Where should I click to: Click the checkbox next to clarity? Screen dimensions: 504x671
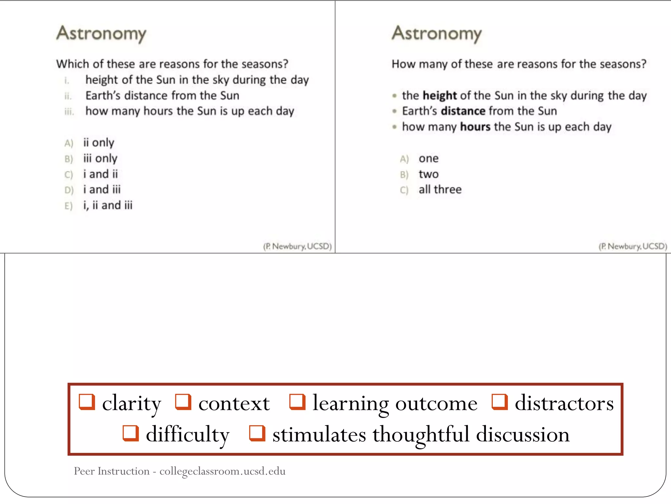pyautogui.click(x=87, y=402)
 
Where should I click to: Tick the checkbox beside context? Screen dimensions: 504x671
pyautogui.click(x=183, y=402)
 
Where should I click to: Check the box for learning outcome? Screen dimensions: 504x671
pyautogui.click(x=297, y=402)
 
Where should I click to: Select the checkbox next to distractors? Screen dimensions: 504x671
pyautogui.click(x=500, y=402)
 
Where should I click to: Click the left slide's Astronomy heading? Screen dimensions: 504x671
pyautogui.click(x=101, y=33)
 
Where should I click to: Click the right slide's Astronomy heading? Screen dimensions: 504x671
pyautogui.click(x=437, y=33)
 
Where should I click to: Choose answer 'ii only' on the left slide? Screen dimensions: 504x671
pyautogui.click(x=99, y=143)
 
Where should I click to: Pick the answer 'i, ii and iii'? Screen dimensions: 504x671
pyautogui.click(x=108, y=205)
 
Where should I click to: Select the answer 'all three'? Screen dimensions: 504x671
pyautogui.click(x=440, y=190)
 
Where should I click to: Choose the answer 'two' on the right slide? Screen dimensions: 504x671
pyautogui.click(x=429, y=174)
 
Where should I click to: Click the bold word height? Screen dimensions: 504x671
pyautogui.click(x=440, y=95)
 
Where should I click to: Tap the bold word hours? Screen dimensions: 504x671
pyautogui.click(x=475, y=127)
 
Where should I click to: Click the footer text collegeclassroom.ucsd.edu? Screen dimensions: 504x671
pyautogui.click(x=222, y=471)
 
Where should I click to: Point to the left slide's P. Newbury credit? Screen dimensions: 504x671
pyautogui.click(x=297, y=246)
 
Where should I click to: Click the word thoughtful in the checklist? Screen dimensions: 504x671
pyautogui.click(x=421, y=434)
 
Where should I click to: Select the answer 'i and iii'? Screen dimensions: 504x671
pyautogui.click(x=102, y=190)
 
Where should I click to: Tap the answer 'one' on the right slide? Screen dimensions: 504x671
pyautogui.click(x=429, y=158)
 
